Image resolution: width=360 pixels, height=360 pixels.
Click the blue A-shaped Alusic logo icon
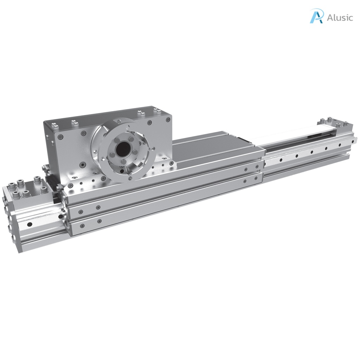tap(316, 16)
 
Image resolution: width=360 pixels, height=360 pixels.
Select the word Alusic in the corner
tap(339, 18)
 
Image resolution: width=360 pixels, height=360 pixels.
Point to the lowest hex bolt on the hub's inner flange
tap(124, 162)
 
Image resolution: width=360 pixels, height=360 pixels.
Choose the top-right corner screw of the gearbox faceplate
tap(150, 123)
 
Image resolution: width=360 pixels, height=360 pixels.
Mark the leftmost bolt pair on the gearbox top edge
tap(53, 125)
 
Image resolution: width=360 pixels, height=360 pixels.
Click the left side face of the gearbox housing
tap(49, 148)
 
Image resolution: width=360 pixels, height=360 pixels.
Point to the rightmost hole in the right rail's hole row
tap(341, 145)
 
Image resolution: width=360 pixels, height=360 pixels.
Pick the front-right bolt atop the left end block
tap(44, 189)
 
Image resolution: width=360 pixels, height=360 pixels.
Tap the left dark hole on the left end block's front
tap(30, 224)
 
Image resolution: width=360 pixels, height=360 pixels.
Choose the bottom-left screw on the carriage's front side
tap(82, 226)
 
